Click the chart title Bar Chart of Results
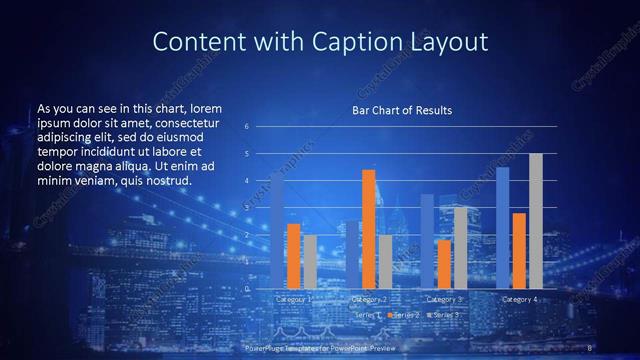[x=402, y=110]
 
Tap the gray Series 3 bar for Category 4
[x=536, y=221]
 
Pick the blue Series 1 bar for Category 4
[x=502, y=228]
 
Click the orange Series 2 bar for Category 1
[x=293, y=256]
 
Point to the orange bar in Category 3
[x=444, y=264]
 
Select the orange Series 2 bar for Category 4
[x=519, y=250]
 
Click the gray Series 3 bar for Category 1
[x=310, y=262]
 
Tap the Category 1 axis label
[x=294, y=299]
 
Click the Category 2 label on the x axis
[x=368, y=299]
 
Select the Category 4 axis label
[x=519, y=299]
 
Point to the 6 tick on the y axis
[x=246, y=127]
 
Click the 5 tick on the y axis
[x=246, y=154]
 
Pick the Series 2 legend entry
[x=403, y=315]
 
